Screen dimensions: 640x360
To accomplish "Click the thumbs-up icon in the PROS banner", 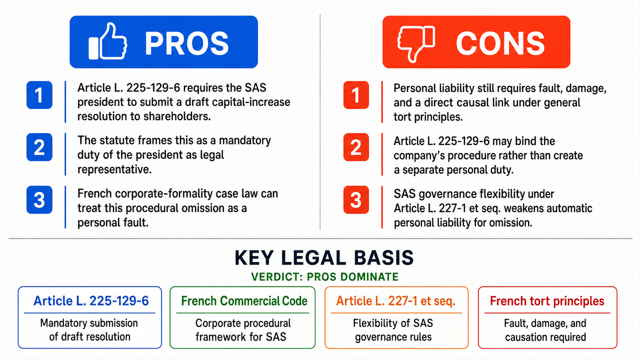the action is (x=107, y=41).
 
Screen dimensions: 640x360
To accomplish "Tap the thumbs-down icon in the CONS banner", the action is (x=416, y=43).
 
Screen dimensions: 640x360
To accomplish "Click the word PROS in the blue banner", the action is (x=187, y=43).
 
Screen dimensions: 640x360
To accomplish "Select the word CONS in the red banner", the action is (x=500, y=43).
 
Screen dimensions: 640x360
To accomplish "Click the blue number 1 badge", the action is (x=39, y=95).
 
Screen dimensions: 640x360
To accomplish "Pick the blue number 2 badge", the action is (x=39, y=147).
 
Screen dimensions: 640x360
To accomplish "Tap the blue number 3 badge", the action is (x=39, y=199).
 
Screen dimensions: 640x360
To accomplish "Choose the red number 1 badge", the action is (x=356, y=95).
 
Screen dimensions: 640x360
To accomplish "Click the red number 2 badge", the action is (x=356, y=147).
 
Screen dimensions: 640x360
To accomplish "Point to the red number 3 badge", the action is (x=356, y=199).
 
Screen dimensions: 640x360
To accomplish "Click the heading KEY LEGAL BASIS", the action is (x=324, y=257).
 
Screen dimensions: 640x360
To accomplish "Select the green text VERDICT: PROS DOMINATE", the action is (x=325, y=277).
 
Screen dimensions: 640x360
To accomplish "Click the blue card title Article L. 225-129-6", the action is (x=91, y=301).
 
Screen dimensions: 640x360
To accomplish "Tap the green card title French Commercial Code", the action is (x=244, y=301).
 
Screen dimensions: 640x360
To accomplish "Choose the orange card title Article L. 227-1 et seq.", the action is (x=395, y=301).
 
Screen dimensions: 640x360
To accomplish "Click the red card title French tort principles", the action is (x=547, y=301).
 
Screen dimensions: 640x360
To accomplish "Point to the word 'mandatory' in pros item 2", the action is (x=245, y=140).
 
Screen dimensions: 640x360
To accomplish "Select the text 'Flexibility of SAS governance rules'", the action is (x=393, y=330).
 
